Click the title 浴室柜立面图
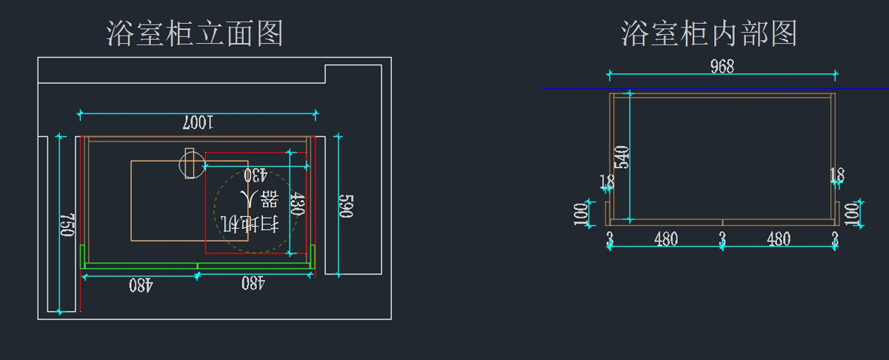195,33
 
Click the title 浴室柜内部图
709,33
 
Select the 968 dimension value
722,66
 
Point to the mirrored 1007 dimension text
198,123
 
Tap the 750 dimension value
67,225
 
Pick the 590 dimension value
346,206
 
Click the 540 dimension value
622,157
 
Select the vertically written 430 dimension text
297,204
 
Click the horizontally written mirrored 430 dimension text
255,175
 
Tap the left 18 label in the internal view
607,181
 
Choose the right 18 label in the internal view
837,175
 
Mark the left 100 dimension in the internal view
581,214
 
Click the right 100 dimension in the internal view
852,214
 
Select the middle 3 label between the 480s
722,239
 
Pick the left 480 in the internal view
666,239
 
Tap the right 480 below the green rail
253,283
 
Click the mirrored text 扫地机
250,224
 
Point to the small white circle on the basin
192,164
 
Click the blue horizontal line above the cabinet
715,88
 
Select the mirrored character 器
270,199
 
